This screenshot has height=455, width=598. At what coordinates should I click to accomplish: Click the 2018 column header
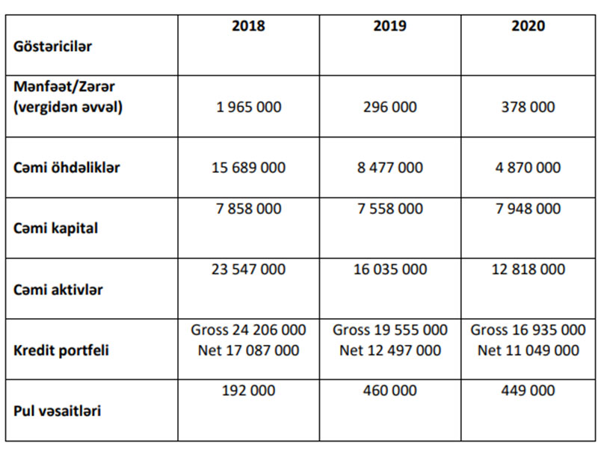click(248, 26)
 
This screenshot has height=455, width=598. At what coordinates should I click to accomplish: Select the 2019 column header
click(389, 26)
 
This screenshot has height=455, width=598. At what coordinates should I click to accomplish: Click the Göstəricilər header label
click(53, 46)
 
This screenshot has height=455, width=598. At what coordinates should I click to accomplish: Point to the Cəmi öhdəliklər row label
click(67, 168)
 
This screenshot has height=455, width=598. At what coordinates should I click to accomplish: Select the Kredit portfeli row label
click(61, 349)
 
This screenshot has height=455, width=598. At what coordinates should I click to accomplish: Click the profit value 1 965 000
click(248, 107)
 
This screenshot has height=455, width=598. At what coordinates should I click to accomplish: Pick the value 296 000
click(389, 107)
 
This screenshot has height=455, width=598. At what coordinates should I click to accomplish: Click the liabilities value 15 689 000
click(248, 168)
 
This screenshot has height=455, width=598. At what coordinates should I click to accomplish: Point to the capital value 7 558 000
click(389, 209)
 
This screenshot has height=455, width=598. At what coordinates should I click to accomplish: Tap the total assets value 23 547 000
click(248, 269)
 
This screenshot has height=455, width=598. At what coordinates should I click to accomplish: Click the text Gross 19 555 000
click(389, 330)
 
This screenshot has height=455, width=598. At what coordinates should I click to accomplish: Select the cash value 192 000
click(248, 391)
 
